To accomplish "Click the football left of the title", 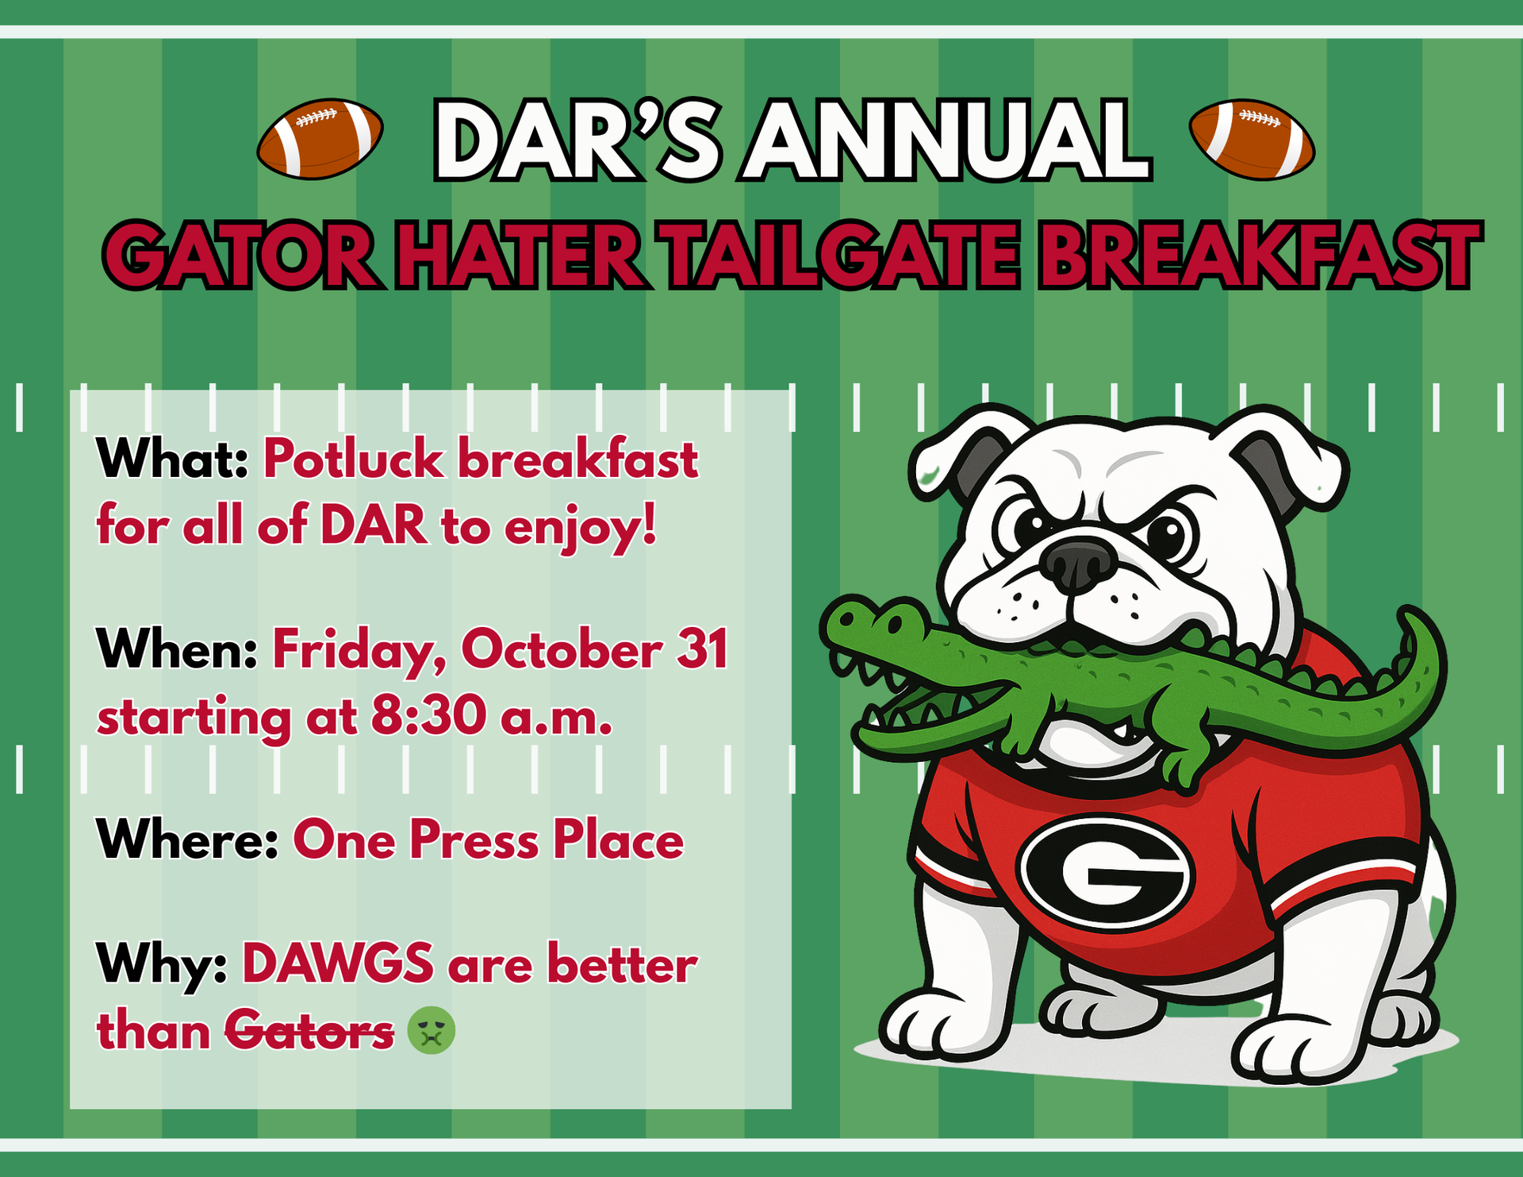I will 320,139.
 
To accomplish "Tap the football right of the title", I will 1252,139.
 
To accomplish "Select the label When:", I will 177,649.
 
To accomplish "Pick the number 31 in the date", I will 702,649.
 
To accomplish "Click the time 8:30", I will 428,716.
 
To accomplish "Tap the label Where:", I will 187,840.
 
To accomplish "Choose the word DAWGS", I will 338,965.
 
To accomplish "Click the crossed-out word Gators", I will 309,1032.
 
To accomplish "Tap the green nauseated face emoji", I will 431,1031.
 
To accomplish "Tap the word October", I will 562,649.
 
